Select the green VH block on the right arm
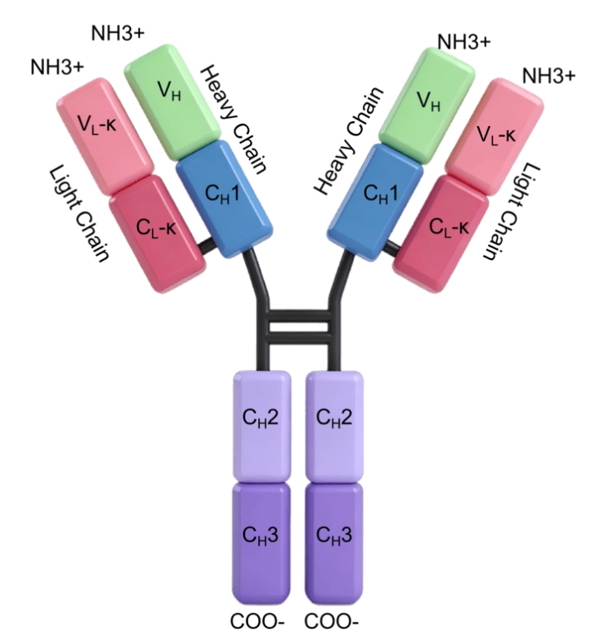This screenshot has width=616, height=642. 427,105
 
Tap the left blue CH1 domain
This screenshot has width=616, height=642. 224,199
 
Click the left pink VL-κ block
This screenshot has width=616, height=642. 105,136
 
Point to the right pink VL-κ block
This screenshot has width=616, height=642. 495,136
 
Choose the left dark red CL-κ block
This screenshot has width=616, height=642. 158,233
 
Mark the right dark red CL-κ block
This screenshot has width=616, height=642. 441,233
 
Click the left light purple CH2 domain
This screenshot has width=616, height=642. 262,427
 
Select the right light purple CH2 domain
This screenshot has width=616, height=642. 335,427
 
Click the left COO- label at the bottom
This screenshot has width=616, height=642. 257,621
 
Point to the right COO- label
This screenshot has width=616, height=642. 331,621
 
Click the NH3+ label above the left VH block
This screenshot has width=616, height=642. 118,33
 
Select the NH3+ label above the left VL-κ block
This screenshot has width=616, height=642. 57,66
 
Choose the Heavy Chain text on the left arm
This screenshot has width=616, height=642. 234,119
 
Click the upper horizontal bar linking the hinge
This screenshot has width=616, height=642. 299,316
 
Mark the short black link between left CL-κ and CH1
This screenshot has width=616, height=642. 207,246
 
